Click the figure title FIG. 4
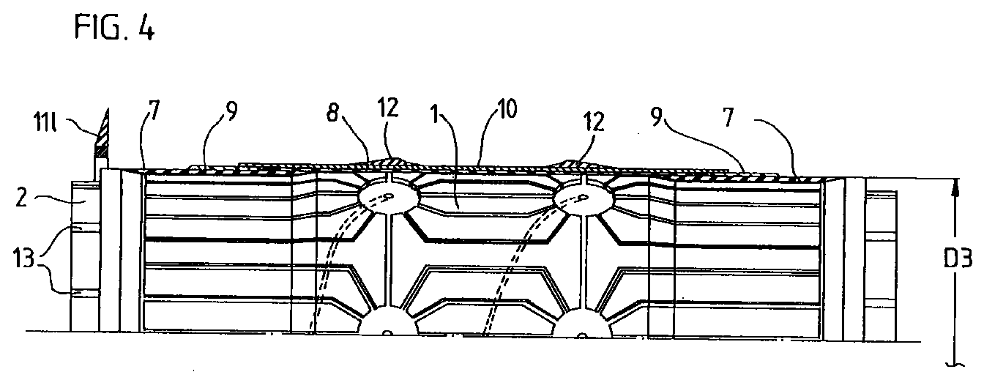pos(115,29)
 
